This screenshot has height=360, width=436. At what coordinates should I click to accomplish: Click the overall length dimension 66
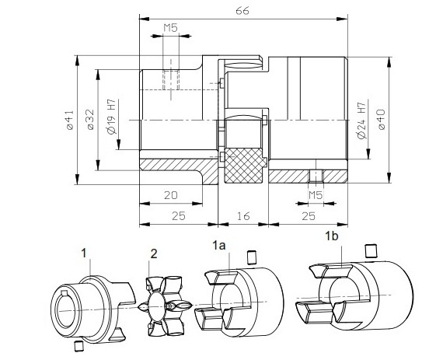pos(242,10)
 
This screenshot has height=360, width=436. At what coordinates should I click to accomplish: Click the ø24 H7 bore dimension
pos(361,119)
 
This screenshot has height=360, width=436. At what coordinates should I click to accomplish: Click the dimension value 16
pos(243,218)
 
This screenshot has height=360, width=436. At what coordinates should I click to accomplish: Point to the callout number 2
pos(154,253)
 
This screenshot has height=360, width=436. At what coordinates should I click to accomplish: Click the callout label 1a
pos(219,245)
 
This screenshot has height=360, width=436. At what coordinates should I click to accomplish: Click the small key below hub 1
pos(77,344)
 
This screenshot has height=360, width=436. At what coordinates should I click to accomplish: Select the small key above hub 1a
pos(251,257)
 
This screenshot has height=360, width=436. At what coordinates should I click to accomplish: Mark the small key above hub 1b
pos(370,250)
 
